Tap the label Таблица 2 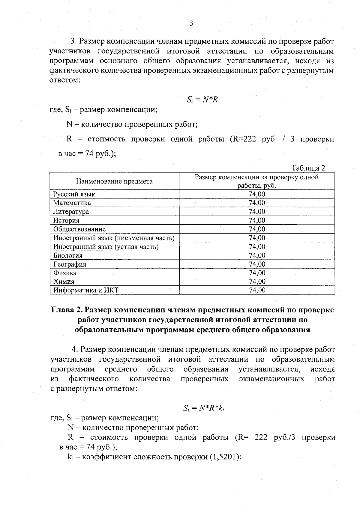tap(308, 168)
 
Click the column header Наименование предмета tap(114, 181)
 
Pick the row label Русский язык tap(74, 194)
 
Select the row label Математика tap(72, 203)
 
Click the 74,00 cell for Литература tap(257, 211)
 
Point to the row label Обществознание tap(79, 229)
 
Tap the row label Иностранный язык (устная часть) tap(106, 246)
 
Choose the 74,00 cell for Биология tap(257, 255)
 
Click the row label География tap(70, 264)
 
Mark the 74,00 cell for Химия tap(257, 282)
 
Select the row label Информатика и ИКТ tap(86, 290)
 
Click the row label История tap(66, 220)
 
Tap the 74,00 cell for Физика tap(257, 273)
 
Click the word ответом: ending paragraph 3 tap(64, 81)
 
